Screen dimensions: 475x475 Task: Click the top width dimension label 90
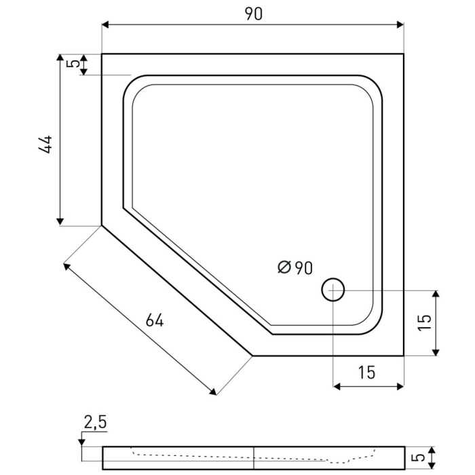click(253, 14)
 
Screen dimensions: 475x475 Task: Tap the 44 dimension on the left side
click(45, 145)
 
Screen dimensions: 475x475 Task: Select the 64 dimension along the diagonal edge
click(155, 320)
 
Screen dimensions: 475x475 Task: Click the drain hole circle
click(333, 290)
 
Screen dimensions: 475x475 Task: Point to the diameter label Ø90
click(295, 267)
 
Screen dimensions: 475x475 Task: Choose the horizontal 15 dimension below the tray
click(366, 372)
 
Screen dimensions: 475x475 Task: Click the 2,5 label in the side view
click(95, 423)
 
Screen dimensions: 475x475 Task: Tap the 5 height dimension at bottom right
click(422, 458)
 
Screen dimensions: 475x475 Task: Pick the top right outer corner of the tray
click(404, 54)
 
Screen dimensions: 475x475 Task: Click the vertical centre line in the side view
click(254, 458)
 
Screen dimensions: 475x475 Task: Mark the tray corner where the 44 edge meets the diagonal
click(102, 225)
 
